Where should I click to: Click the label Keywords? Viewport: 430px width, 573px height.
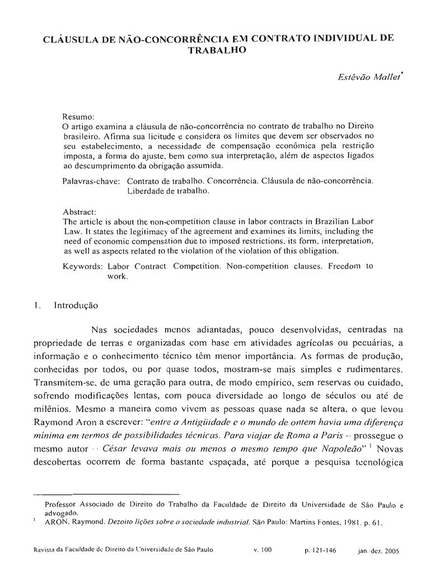point(82,267)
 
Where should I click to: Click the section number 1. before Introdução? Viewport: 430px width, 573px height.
point(37,306)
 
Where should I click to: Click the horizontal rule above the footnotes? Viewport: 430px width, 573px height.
point(106,495)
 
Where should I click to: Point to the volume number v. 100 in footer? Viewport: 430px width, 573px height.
point(262,550)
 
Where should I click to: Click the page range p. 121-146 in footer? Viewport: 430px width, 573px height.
point(320,550)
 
